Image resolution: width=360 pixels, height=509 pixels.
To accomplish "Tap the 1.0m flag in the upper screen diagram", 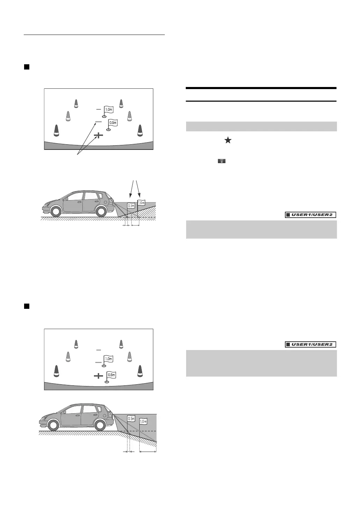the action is (109, 110).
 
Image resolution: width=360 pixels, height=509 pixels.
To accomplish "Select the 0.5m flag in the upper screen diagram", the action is (112, 123).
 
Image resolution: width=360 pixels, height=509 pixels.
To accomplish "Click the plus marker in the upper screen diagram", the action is (99, 135).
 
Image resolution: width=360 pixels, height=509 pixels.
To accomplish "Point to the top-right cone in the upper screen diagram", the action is (121, 103).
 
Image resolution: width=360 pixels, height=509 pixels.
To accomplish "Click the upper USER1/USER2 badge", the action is (310, 215).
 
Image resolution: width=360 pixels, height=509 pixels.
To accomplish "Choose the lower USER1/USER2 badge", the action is (310, 344).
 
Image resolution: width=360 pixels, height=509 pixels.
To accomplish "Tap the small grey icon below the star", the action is (222, 161).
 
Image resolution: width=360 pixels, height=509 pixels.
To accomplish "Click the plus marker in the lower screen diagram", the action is (99, 376).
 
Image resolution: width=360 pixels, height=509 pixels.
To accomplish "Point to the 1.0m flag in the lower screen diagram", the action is (109, 359).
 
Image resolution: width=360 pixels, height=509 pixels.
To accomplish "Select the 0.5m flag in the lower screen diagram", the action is (111, 375).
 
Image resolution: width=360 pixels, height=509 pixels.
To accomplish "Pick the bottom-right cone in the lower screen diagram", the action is (140, 371).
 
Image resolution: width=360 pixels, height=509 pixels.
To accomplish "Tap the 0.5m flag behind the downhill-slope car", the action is (131, 418).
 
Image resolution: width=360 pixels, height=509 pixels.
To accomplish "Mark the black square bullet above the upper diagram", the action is (26, 67).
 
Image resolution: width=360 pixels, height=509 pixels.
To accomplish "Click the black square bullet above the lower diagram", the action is (26, 306).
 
